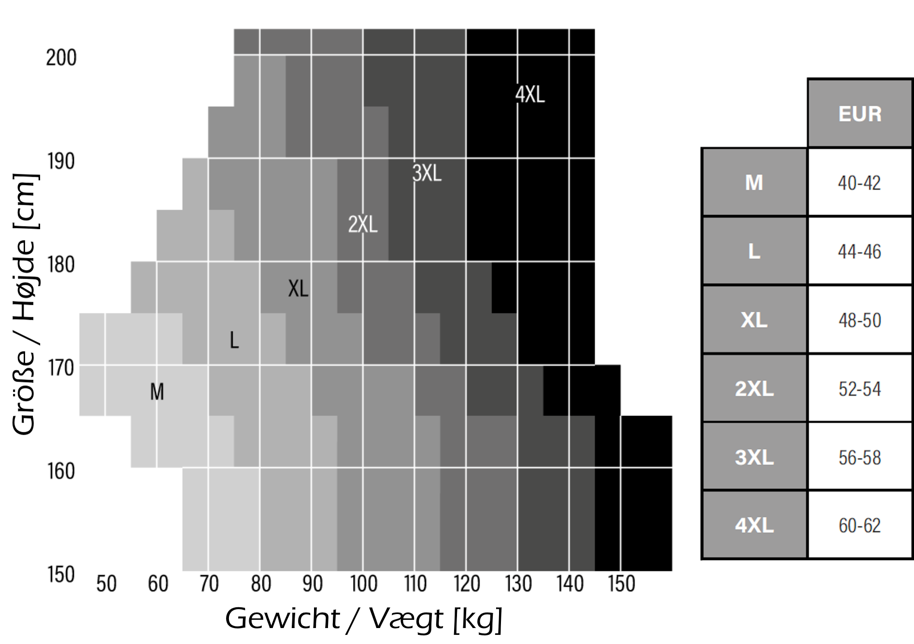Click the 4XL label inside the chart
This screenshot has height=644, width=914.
click(x=530, y=94)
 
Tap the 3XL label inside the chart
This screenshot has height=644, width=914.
click(x=427, y=173)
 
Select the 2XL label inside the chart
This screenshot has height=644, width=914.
click(x=363, y=224)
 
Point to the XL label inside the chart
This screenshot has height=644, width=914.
click(x=298, y=289)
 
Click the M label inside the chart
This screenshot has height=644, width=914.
click(x=157, y=391)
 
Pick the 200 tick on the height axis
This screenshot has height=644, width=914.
click(x=61, y=58)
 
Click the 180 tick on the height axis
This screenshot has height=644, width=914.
click(x=61, y=265)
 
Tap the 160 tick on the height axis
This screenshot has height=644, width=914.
click(x=61, y=472)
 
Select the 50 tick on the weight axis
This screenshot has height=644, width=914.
click(x=106, y=584)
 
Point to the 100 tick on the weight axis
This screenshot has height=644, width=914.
click(x=364, y=584)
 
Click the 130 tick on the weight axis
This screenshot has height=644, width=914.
click(x=518, y=584)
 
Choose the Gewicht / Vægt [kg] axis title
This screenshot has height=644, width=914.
click(x=364, y=619)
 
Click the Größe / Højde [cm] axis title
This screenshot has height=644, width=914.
click(x=24, y=304)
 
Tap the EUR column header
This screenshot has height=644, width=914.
click(x=860, y=114)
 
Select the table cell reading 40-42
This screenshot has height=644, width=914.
click(x=859, y=183)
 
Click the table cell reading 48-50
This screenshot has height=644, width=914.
click(x=859, y=320)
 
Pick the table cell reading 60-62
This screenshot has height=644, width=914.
click(x=859, y=526)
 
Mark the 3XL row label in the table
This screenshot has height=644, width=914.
click(x=754, y=457)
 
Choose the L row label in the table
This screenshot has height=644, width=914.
click(x=754, y=252)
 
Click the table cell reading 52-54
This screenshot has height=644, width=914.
click(x=859, y=389)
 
